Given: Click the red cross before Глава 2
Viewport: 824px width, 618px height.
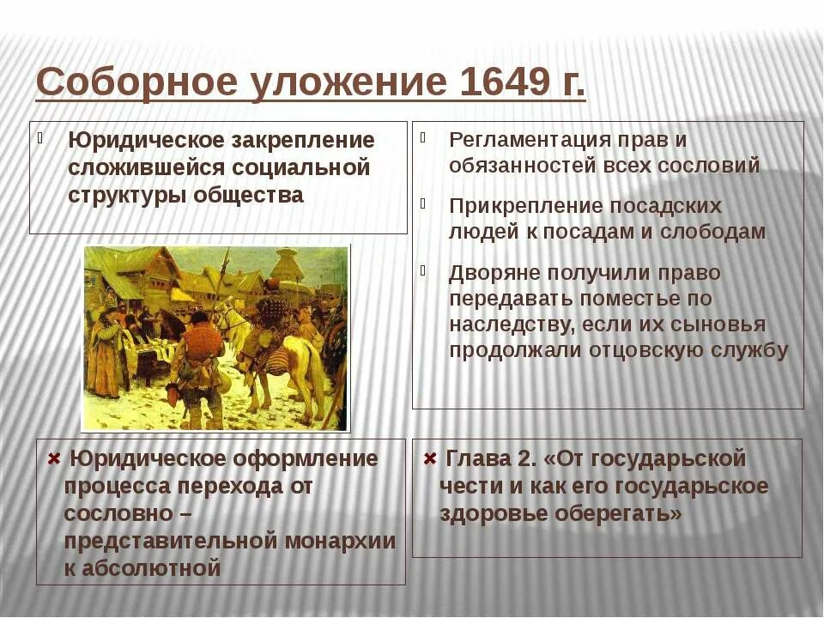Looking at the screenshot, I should point(431,458).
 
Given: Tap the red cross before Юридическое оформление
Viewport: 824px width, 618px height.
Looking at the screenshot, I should point(54,458).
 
